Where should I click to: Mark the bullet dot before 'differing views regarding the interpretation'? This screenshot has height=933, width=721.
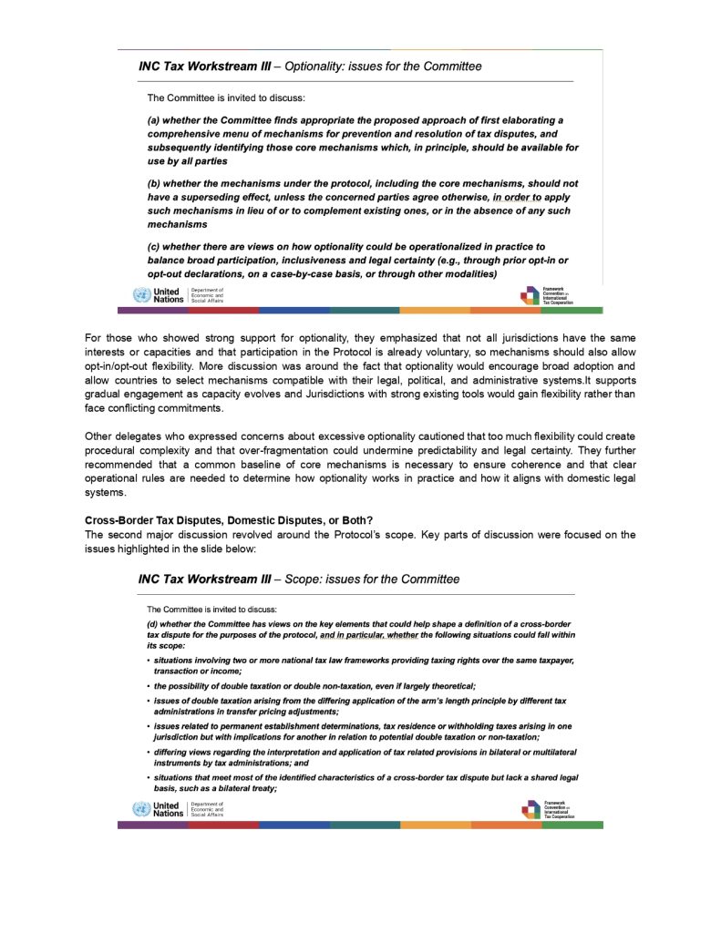pyautogui.click(x=149, y=752)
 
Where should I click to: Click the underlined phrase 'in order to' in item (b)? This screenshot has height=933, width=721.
pyautogui.click(x=517, y=197)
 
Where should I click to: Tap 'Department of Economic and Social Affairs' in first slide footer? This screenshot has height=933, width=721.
pyautogui.click(x=206, y=295)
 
